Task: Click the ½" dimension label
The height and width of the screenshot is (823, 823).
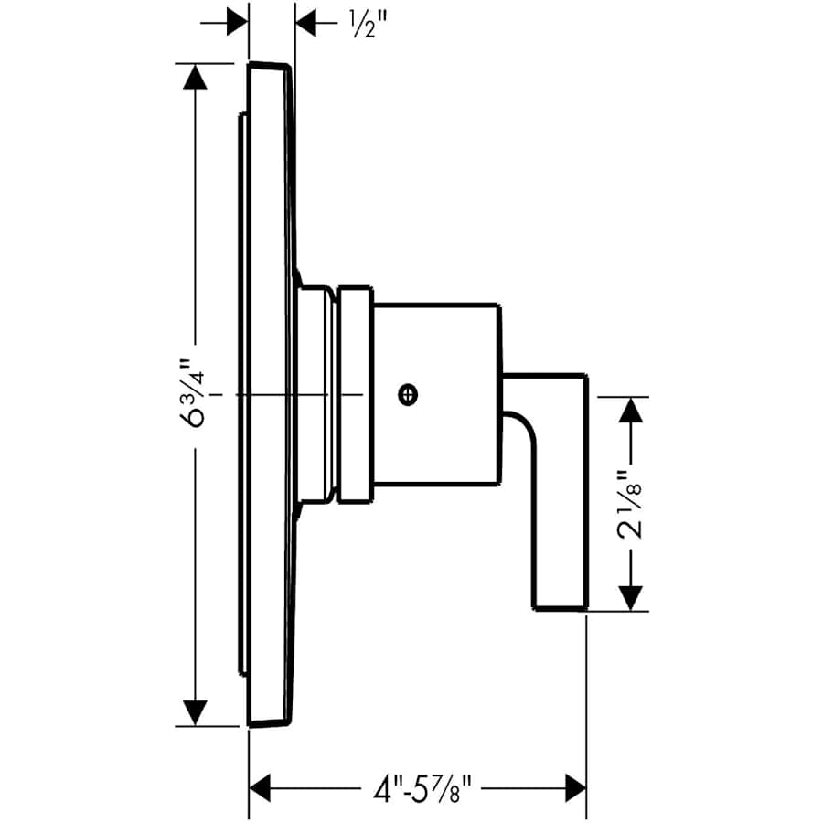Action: pos(370,25)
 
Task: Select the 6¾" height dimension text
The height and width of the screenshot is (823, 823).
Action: pos(192,393)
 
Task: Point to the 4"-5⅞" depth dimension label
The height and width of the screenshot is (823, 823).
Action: pos(423,788)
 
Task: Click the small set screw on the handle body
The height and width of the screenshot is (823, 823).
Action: pos(408,394)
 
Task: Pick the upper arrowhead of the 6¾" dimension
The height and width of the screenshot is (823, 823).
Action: pos(196,77)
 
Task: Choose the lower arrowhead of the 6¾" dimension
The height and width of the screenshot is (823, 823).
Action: pos(196,712)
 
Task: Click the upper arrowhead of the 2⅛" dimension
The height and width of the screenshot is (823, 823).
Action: pos(630,410)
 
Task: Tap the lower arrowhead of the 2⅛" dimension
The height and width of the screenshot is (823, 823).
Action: pos(630,598)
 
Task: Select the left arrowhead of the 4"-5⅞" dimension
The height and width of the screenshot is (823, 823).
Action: pos(261,788)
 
